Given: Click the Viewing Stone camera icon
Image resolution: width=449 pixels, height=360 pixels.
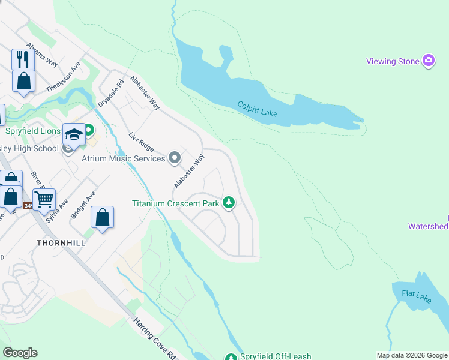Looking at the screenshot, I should click(x=428, y=61).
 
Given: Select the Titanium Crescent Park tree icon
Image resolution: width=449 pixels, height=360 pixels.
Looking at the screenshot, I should click(x=228, y=203).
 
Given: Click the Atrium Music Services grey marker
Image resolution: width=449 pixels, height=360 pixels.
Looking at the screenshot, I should click(x=175, y=158).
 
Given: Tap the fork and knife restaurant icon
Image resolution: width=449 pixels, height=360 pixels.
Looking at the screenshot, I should click(x=23, y=59).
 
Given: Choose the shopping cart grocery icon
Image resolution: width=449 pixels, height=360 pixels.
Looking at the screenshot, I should click(x=44, y=199).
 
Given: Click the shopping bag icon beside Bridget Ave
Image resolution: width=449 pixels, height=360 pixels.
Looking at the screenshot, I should click(x=103, y=217).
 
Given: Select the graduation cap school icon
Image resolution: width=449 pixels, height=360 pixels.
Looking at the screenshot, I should click(x=74, y=134).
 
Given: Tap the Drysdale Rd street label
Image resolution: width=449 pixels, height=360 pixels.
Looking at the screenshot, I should click(x=110, y=92).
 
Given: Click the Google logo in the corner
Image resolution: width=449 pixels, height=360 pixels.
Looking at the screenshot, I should click(x=20, y=353).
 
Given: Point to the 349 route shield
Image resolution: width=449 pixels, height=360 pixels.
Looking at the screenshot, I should click(x=28, y=206).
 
